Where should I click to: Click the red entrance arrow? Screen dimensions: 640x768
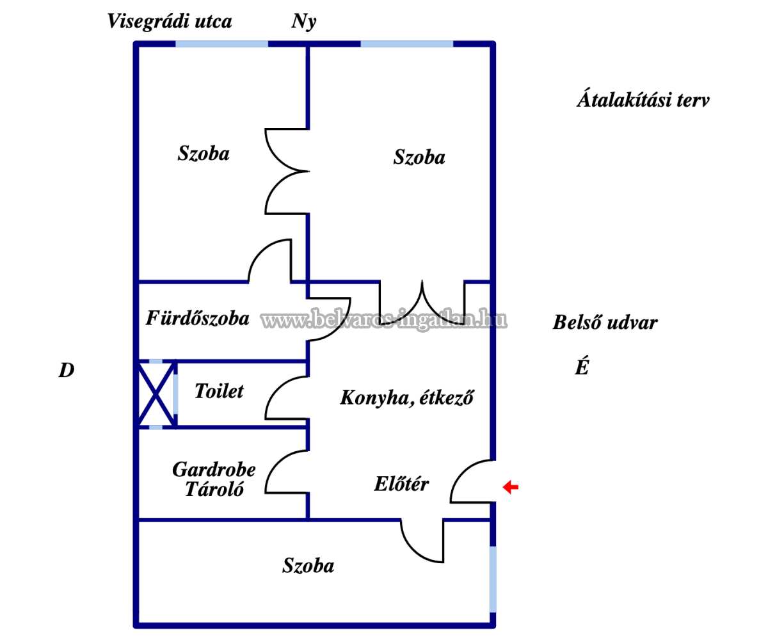pyautogui.click(x=510, y=488)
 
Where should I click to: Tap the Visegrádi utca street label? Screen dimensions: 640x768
pyautogui.click(x=170, y=21)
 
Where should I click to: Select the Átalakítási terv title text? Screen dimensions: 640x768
pyautogui.click(x=643, y=100)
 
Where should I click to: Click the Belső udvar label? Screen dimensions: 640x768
pyautogui.click(x=605, y=323)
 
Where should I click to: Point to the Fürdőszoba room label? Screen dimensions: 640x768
pyautogui.click(x=198, y=318)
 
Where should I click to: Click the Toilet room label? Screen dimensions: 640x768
pyautogui.click(x=219, y=391)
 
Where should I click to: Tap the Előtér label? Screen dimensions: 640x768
pyautogui.click(x=401, y=484)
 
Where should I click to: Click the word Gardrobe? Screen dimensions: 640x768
pyautogui.click(x=214, y=470)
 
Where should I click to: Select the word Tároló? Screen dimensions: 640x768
pyautogui.click(x=214, y=490)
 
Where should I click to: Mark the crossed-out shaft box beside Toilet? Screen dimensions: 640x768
pyautogui.click(x=156, y=394)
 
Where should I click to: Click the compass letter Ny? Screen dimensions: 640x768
pyautogui.click(x=304, y=22)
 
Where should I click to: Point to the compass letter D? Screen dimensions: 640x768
pyautogui.click(x=67, y=371)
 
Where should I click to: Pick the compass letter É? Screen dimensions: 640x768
pyautogui.click(x=581, y=369)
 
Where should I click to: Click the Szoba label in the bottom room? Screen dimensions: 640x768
pyautogui.click(x=308, y=566)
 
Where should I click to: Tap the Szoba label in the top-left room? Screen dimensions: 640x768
pyautogui.click(x=204, y=154)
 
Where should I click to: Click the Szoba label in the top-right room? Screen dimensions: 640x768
pyautogui.click(x=419, y=157)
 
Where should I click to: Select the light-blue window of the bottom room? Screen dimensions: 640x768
pyautogui.click(x=492, y=579)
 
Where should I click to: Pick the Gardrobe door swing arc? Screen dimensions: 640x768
pyautogui.click(x=284, y=472)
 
